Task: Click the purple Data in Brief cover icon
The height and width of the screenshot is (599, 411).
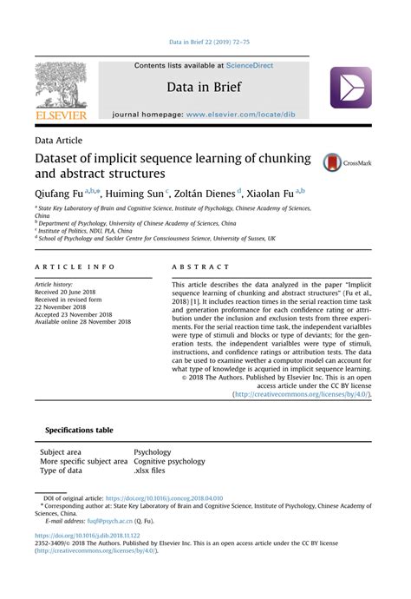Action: (350, 88)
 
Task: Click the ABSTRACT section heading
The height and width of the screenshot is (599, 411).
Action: (200, 267)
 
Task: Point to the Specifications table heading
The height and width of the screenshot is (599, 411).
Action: (79, 430)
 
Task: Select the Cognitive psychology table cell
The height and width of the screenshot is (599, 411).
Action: (169, 461)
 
